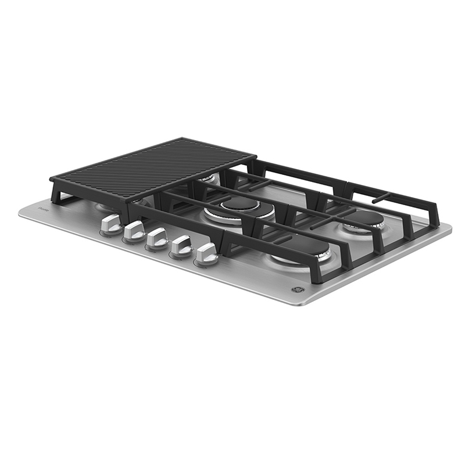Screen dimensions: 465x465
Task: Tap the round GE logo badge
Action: [x=292, y=289]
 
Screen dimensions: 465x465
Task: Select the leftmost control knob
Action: [x=111, y=224]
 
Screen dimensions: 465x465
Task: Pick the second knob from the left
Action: [x=135, y=231]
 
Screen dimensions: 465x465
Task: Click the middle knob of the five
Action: [x=158, y=238]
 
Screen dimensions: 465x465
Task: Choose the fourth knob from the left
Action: [x=181, y=246]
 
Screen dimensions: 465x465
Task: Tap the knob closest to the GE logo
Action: [x=206, y=254]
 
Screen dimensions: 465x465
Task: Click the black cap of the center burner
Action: [x=239, y=204]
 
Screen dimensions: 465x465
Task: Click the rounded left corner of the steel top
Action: [x=22, y=212]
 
